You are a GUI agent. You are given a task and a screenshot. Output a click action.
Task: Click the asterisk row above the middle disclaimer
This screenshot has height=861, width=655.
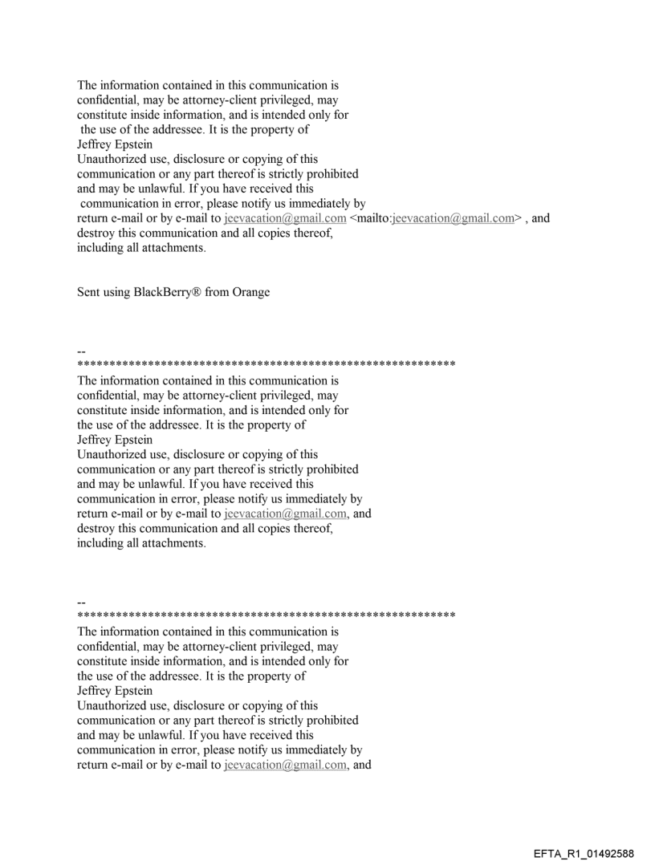266,365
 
